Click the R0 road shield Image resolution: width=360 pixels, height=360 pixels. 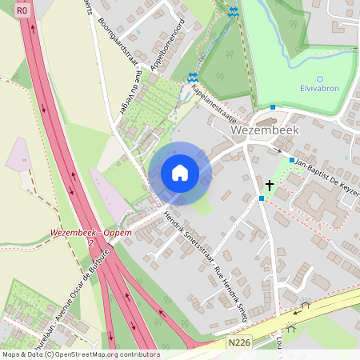[x=22, y=10]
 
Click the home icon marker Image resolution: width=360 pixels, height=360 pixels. [x=180, y=173]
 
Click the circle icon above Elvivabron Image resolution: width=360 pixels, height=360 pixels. [x=320, y=79]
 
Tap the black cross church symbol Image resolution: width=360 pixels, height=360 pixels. [x=270, y=186]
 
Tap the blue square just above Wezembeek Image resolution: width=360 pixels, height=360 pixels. [x=273, y=107]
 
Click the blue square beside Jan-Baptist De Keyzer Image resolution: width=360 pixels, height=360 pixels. [x=291, y=160]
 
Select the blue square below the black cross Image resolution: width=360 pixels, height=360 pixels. [x=262, y=198]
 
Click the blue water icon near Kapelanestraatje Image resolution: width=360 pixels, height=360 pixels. [x=192, y=78]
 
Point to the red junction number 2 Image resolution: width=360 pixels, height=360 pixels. [x=92, y=242]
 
